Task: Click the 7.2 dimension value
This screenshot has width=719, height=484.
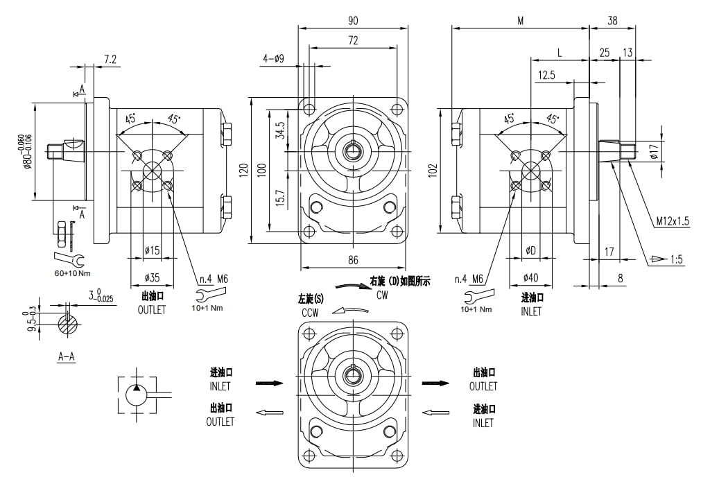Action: pyautogui.click(x=110, y=60)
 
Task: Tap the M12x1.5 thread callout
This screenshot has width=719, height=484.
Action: pyautogui.click(x=673, y=221)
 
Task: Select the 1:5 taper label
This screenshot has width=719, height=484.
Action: pyautogui.click(x=677, y=260)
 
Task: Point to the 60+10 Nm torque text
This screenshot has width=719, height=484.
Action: pyautogui.click(x=73, y=273)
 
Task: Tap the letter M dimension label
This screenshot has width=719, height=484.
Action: pyautogui.click(x=520, y=21)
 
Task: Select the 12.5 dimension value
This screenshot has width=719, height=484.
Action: pyautogui.click(x=546, y=75)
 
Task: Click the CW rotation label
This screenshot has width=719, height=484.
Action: pyautogui.click(x=382, y=295)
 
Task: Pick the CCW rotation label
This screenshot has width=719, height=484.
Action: pyautogui.click(x=310, y=313)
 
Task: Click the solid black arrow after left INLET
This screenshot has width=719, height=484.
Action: pyautogui.click(x=270, y=383)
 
